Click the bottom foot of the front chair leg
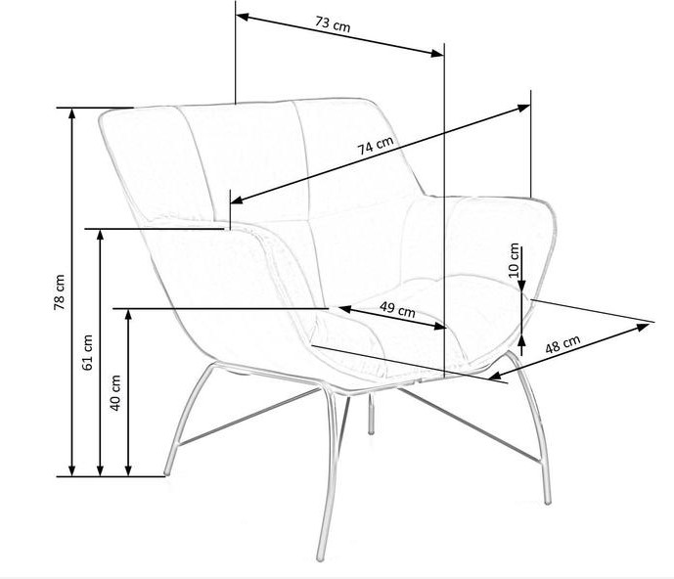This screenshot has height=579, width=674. point(323,559)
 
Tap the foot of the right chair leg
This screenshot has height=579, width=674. point(547,502)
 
